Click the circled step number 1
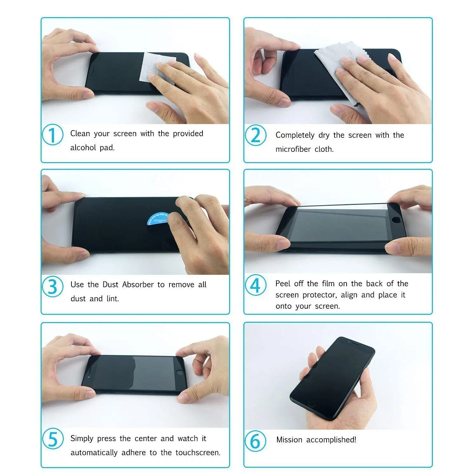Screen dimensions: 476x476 pos(53,135)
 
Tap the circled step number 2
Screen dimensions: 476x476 pos(255,136)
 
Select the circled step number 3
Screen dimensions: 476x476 pos(53,287)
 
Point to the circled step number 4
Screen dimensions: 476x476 pos(255,285)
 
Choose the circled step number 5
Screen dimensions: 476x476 pos(53,439)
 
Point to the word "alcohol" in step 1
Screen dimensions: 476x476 pos(83,148)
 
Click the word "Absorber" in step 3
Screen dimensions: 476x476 pos(138,284)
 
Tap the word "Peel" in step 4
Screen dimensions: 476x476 pos(282,283)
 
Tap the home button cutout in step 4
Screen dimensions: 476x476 pos(396,219)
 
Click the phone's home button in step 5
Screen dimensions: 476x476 pos(180,372)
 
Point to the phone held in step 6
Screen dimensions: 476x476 pos(332,374)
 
